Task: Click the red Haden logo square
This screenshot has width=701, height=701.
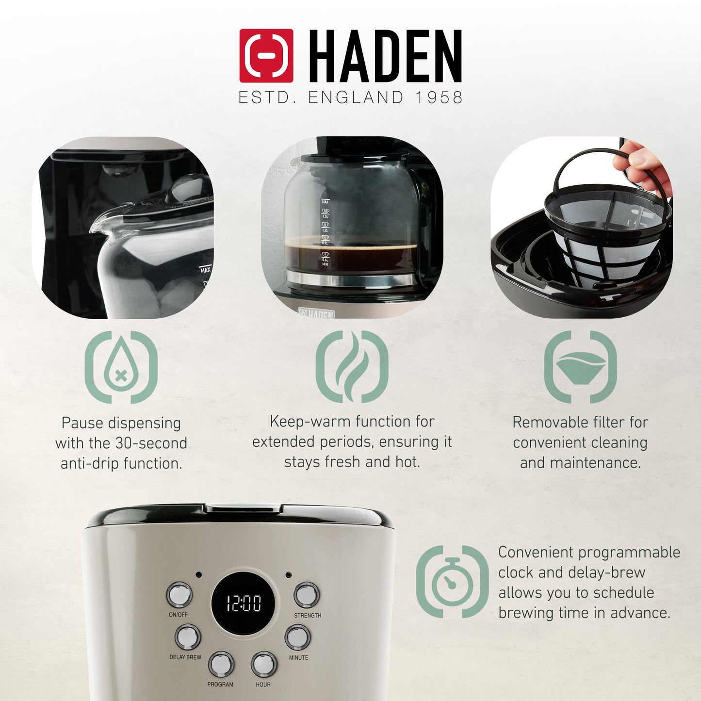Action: point(266,55)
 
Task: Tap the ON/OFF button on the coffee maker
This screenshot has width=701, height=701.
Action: point(179,595)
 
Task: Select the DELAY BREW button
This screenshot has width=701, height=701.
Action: point(187,637)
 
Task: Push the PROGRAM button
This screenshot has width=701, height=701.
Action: point(221,664)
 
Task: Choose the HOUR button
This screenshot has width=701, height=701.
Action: point(263,664)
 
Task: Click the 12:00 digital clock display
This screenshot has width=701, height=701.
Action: point(244,603)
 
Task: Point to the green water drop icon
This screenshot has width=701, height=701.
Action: point(121,367)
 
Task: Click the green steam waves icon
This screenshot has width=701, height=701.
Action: point(352,367)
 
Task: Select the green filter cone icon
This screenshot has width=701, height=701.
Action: point(581,367)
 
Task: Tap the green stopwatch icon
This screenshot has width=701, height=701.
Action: point(452,582)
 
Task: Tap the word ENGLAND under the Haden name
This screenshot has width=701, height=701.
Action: point(356,98)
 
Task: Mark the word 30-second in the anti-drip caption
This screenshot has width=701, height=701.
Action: point(151,443)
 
